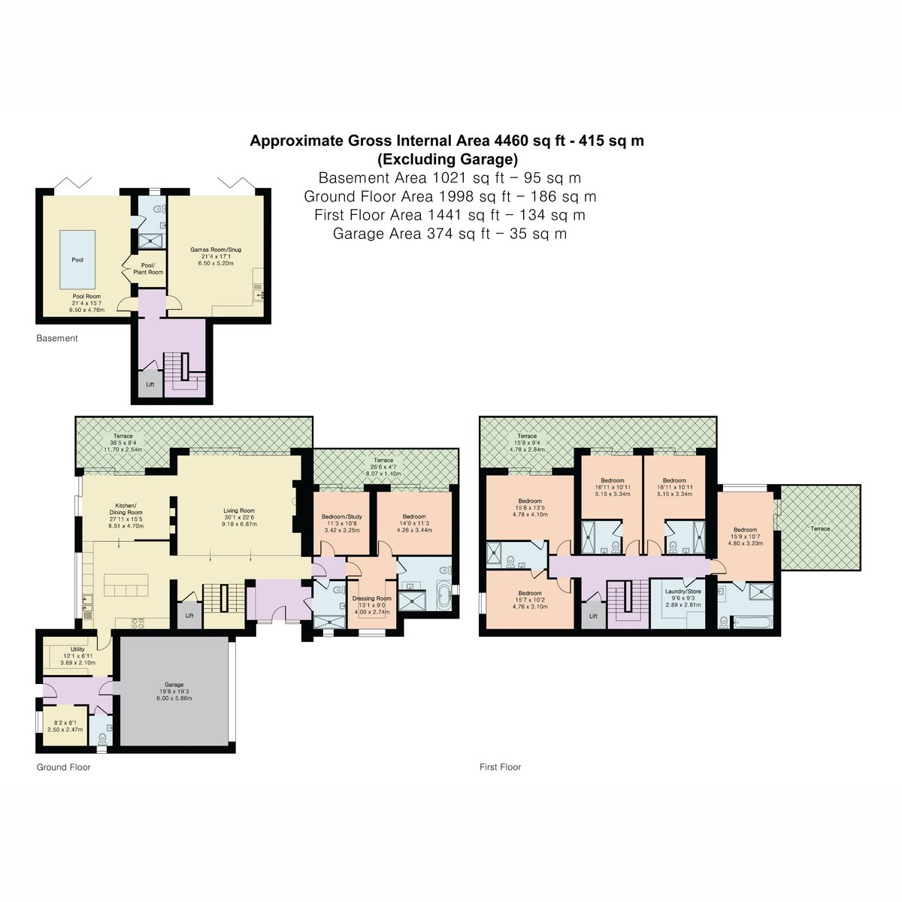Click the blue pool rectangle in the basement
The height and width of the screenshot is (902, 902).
(x=77, y=260)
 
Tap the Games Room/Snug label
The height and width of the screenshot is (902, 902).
(x=215, y=250)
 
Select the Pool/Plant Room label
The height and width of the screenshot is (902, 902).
(x=148, y=268)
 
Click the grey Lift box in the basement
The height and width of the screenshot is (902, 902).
(x=150, y=384)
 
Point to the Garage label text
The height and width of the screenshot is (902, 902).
(x=174, y=685)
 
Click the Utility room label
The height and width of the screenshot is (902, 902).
(x=77, y=649)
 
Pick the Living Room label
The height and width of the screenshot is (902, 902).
(x=239, y=510)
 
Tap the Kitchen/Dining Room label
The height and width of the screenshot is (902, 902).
(x=126, y=510)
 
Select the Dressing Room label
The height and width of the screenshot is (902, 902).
(x=371, y=598)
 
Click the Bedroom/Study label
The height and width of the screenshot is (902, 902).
(x=342, y=516)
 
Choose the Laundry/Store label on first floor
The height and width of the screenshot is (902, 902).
(x=683, y=592)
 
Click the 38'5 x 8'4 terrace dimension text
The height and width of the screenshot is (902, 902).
(x=123, y=442)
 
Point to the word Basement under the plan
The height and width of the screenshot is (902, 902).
(x=57, y=338)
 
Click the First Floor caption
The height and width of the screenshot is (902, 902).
(x=500, y=767)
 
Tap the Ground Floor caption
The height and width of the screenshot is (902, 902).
(x=64, y=767)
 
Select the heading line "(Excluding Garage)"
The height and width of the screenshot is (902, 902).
(x=447, y=159)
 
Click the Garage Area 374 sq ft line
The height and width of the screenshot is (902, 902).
(x=449, y=234)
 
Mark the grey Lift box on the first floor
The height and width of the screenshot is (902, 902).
(x=593, y=615)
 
